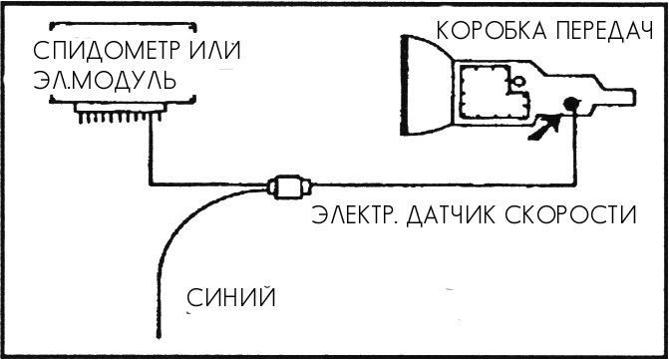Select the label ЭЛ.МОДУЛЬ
point(105,79)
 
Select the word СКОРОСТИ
point(570,214)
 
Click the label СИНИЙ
point(231,297)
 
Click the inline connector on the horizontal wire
point(289,186)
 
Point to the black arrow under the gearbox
point(545,127)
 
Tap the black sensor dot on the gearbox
point(571,104)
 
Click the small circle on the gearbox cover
point(518,80)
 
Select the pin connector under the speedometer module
point(120,113)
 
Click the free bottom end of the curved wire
point(159,337)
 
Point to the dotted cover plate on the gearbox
point(494,92)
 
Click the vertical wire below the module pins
point(151,151)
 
